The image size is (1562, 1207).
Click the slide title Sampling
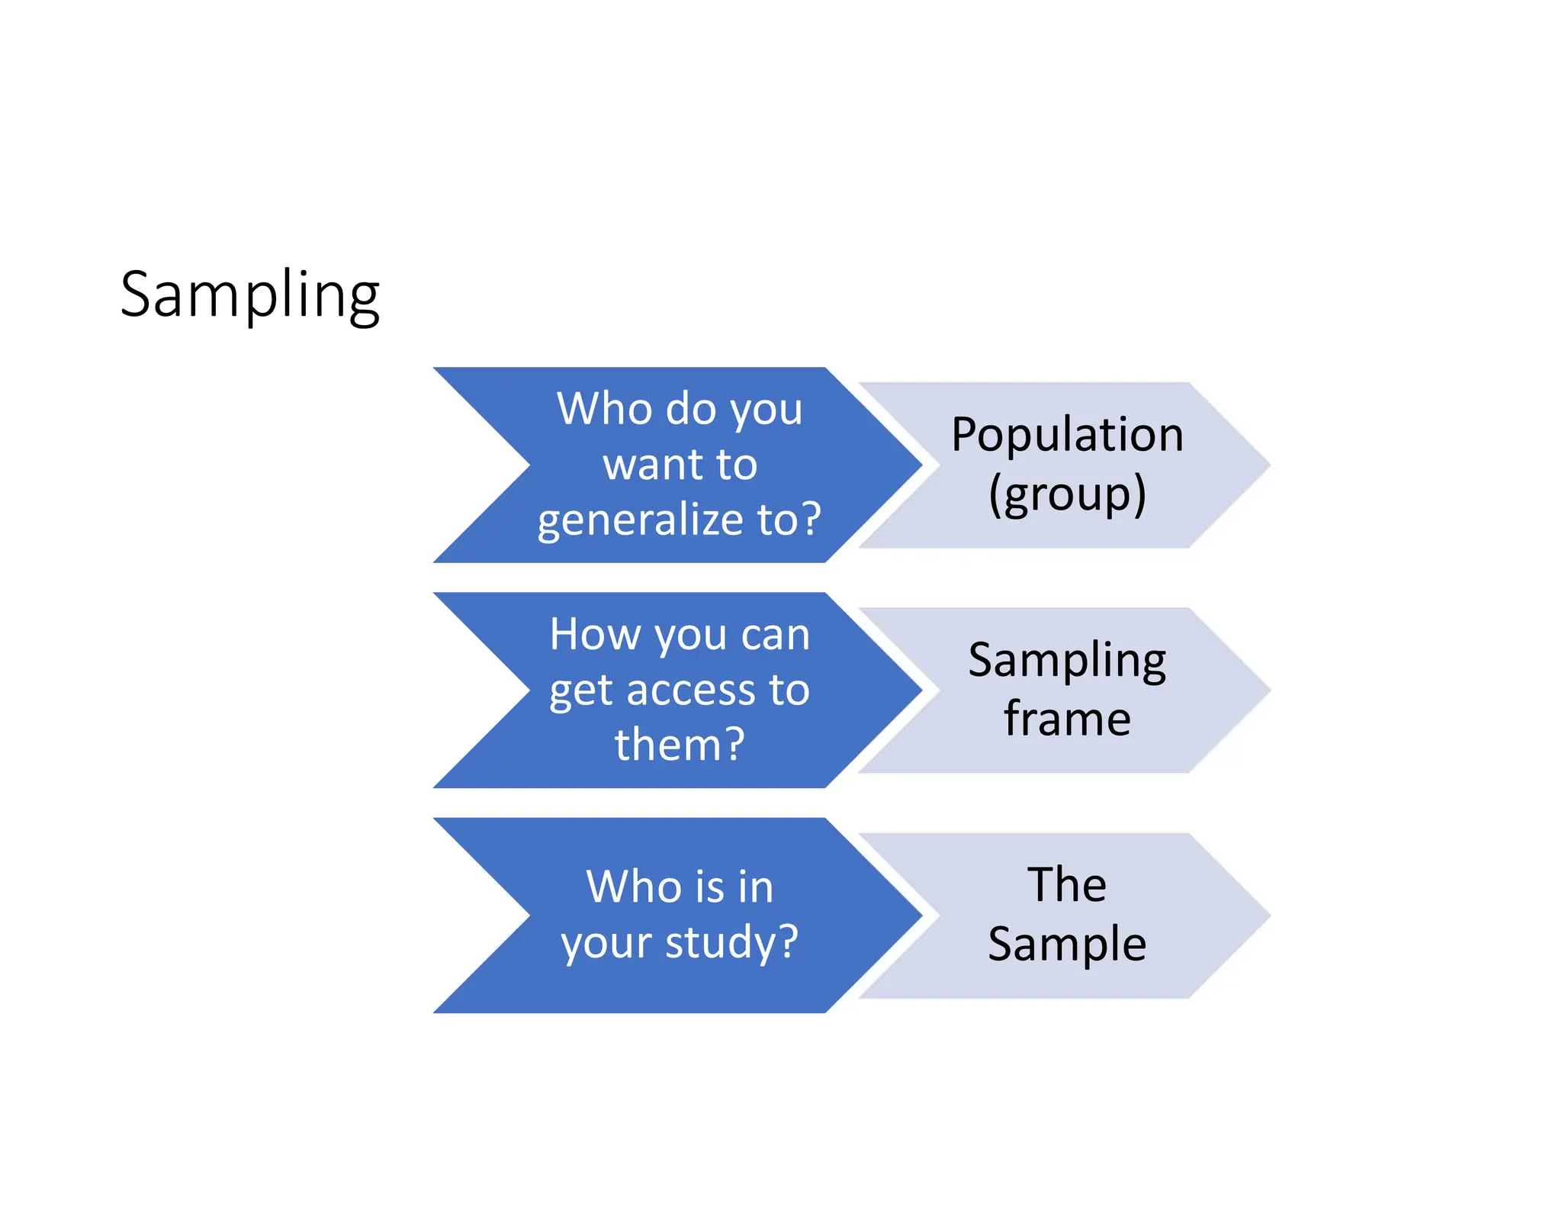249,295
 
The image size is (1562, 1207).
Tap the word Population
1067,435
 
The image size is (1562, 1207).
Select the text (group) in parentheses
1067,494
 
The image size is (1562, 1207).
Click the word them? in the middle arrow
679,745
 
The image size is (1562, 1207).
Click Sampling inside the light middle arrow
1067,660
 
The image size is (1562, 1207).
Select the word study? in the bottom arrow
731,942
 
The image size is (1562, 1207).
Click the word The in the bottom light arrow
1066,885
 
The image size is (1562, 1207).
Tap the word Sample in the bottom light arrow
1067,945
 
